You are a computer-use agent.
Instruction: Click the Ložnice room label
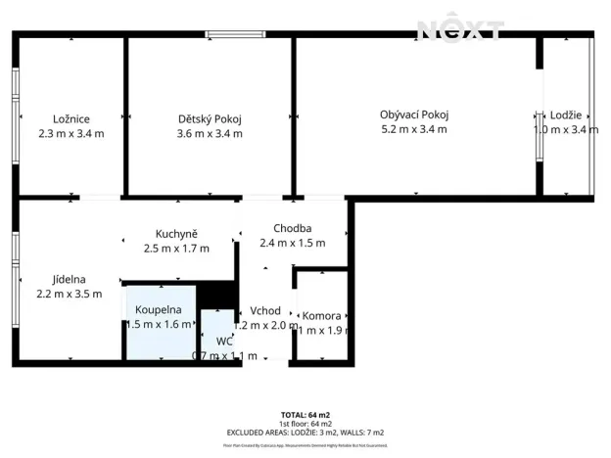(x=70, y=117)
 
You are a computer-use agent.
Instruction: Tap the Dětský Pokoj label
(x=210, y=118)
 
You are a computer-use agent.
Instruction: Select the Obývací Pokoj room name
(x=414, y=114)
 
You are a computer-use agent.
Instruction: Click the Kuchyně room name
(x=176, y=234)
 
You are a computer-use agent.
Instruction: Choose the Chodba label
(x=292, y=229)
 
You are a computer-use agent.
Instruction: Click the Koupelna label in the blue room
(x=159, y=310)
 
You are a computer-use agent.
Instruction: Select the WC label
(x=224, y=342)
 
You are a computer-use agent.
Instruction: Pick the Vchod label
(x=265, y=311)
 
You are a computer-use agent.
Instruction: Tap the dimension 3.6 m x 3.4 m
(x=210, y=133)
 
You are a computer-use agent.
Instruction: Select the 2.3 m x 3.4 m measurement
(x=70, y=133)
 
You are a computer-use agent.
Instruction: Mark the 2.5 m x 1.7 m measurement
(x=176, y=249)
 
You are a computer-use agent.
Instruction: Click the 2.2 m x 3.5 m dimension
(x=69, y=293)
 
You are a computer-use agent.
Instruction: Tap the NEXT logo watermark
(x=461, y=29)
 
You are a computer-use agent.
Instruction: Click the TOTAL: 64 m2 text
(x=305, y=415)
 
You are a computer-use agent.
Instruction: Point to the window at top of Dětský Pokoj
(x=235, y=35)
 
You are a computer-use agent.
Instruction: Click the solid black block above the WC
(x=218, y=294)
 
